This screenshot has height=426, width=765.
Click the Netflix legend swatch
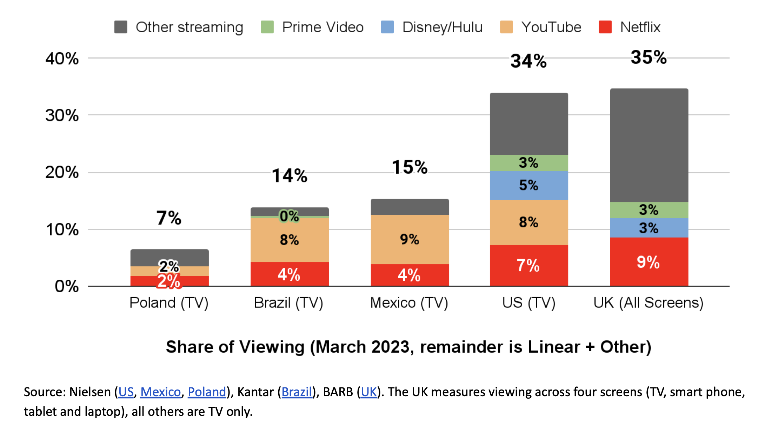(605, 27)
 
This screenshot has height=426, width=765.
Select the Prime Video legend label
(322, 27)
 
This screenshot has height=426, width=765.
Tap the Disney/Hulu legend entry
(442, 27)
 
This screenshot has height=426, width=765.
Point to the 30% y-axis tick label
(62, 115)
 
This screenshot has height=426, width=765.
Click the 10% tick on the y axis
(62, 229)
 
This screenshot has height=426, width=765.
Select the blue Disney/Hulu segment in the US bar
(529, 185)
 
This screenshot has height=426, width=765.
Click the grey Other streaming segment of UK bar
(649, 145)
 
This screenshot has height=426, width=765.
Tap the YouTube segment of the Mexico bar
(410, 239)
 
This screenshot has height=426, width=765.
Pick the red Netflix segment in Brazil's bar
(290, 274)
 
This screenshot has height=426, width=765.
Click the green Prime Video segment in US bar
(529, 163)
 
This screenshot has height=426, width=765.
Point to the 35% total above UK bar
(648, 57)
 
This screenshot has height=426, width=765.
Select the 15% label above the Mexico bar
(410, 167)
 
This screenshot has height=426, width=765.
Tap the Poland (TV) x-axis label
(169, 302)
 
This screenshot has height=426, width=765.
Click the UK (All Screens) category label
(648, 302)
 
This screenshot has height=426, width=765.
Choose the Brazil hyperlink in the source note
(297, 392)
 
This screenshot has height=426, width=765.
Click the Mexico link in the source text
(160, 392)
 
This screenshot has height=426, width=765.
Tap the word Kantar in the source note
(255, 392)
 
